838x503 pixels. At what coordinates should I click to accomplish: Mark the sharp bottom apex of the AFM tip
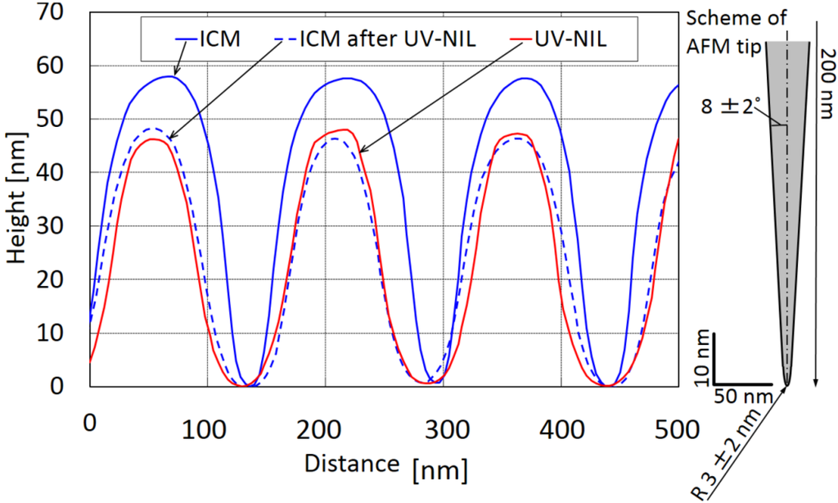coord(787,383)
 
